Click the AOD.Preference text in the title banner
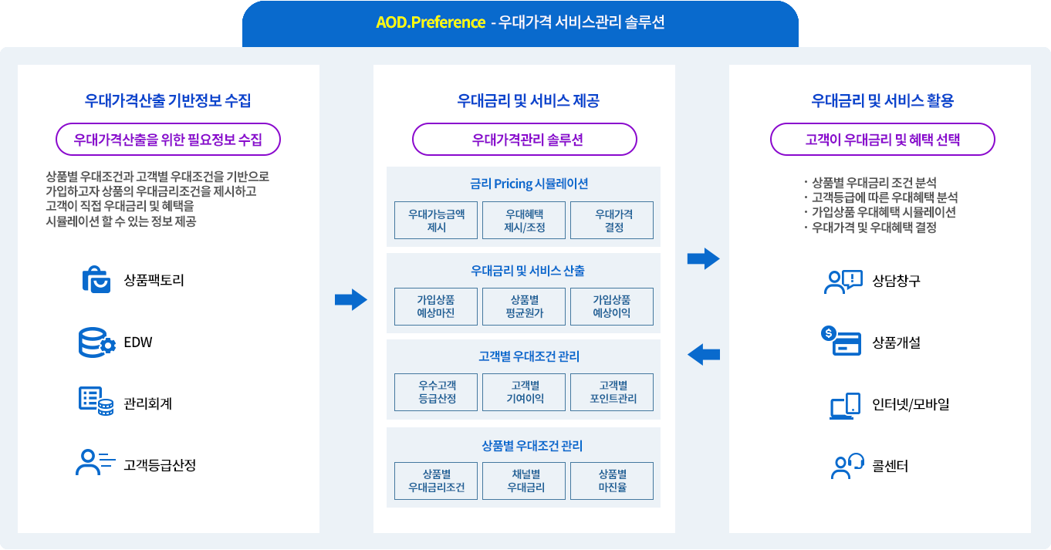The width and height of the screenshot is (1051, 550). pos(430,22)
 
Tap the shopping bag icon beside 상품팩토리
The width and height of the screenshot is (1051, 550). pos(96,280)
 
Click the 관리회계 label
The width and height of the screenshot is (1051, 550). pos(147,403)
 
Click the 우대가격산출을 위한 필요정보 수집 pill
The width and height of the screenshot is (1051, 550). pos(167,140)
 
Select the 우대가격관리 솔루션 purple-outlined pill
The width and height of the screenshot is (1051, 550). pos(524,140)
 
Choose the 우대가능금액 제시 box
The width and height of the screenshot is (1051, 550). pos(436,220)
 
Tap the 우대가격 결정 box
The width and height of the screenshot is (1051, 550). pos(611,220)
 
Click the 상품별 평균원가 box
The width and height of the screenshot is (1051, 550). pos(524,306)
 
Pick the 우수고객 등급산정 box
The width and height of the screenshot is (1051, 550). pos(436,392)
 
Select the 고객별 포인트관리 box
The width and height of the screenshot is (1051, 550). pos(611,392)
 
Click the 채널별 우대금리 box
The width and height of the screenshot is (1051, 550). pos(524,481)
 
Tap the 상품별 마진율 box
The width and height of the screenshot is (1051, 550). pos(611,481)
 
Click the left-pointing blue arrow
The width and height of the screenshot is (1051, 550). pos(703,355)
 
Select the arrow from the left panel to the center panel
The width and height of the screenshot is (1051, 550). pos(350,299)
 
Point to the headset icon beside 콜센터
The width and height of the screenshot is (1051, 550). pos(847,466)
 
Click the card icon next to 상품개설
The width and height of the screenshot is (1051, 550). pos(841,341)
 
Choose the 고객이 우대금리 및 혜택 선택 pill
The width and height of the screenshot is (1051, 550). pos(882,140)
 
